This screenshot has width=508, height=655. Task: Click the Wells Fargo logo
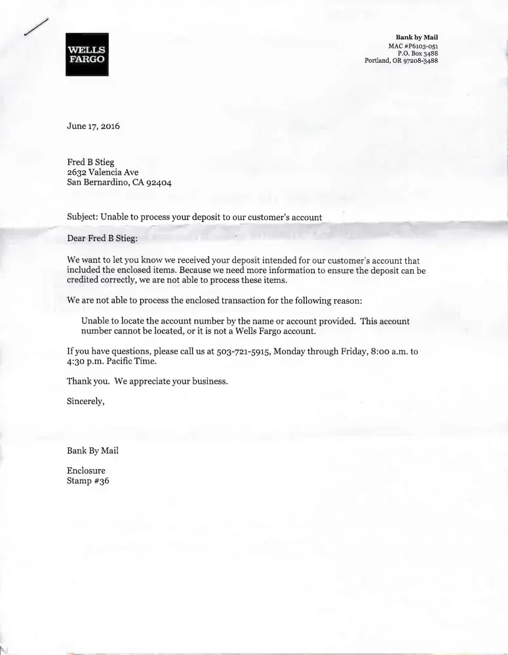pos(87,54)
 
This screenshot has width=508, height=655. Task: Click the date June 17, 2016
pos(93,126)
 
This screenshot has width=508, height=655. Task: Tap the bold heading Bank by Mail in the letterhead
pos(417,37)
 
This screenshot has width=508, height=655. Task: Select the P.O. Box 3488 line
pos(418,53)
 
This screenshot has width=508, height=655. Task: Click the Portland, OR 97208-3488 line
pos(401,61)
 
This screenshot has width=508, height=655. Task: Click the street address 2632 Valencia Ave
pos(102,172)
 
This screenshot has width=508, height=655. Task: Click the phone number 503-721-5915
pos(243,352)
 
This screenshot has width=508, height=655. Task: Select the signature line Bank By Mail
pos(92,451)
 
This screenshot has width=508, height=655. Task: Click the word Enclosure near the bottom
pos(86,470)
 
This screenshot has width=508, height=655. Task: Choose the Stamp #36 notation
pos(88,480)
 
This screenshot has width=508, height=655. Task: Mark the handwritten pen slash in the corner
pos(36,28)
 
